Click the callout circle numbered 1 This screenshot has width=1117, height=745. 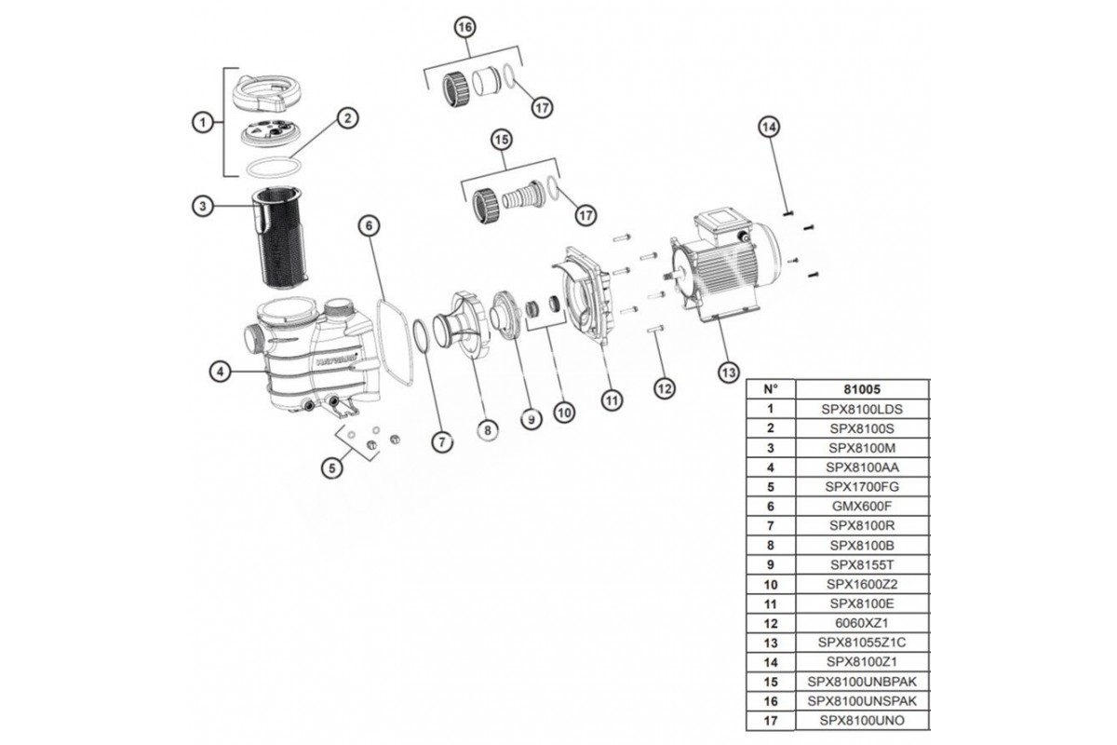[x=198, y=121]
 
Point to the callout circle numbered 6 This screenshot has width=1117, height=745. [x=369, y=225]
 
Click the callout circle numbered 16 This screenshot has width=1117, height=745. [x=465, y=28]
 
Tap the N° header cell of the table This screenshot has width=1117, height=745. [x=770, y=388]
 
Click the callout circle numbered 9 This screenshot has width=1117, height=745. [x=531, y=421]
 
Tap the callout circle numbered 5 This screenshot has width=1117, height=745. [x=332, y=468]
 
